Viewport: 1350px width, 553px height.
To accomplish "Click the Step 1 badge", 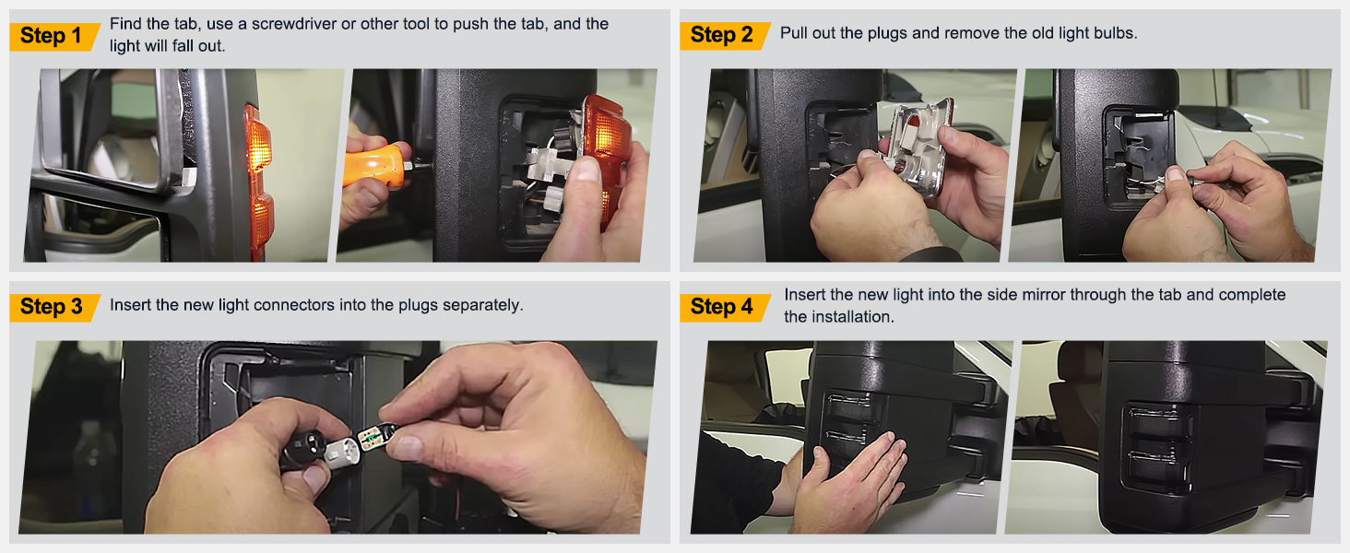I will pos(52,36).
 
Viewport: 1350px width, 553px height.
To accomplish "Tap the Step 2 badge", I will pos(722,35).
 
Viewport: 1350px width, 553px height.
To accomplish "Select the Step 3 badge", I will pos(52,307).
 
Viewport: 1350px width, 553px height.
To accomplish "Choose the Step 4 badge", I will pos(722,307).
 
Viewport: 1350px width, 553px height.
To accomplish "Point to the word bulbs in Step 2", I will pos(1113,33).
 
